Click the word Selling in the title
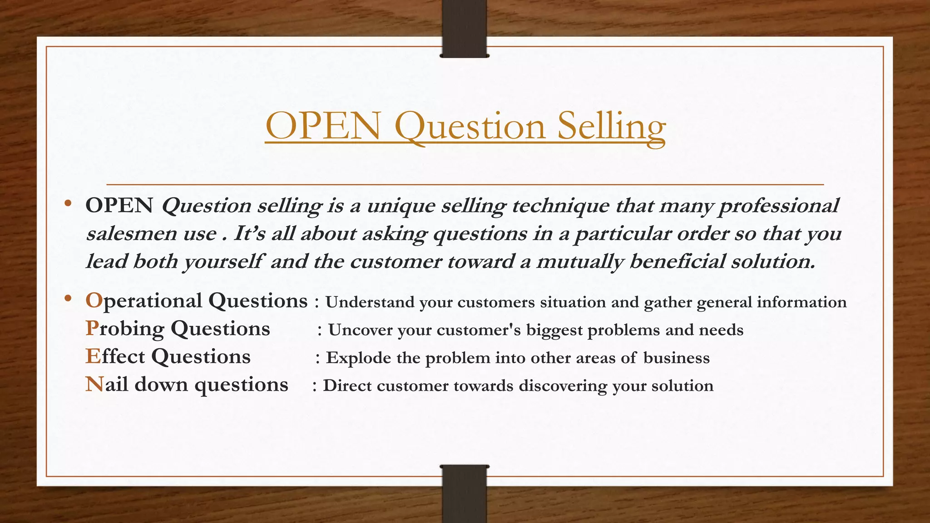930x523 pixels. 611,127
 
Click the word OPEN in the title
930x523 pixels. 323,127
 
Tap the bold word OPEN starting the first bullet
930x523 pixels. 119,206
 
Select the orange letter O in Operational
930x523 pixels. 94,301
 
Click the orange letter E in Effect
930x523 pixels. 92,357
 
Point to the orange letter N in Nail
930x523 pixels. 94,385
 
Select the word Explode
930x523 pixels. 358,358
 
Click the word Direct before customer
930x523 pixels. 347,386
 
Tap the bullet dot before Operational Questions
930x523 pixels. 68,299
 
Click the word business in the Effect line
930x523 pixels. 676,358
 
